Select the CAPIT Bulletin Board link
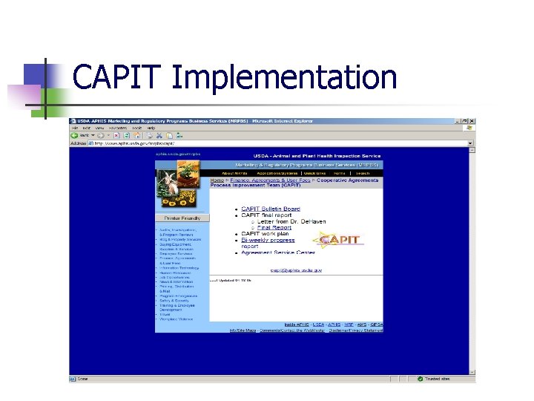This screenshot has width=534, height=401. point(270,209)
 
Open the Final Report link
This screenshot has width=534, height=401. point(274,227)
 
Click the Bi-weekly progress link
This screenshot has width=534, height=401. point(268,240)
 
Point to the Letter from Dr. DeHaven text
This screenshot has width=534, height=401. point(286,221)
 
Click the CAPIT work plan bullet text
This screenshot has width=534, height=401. point(265,233)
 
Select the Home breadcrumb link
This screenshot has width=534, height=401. point(217,180)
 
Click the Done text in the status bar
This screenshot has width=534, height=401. point(82,379)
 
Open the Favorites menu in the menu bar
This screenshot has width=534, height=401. point(117,128)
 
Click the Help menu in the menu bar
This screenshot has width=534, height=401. point(151,128)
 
